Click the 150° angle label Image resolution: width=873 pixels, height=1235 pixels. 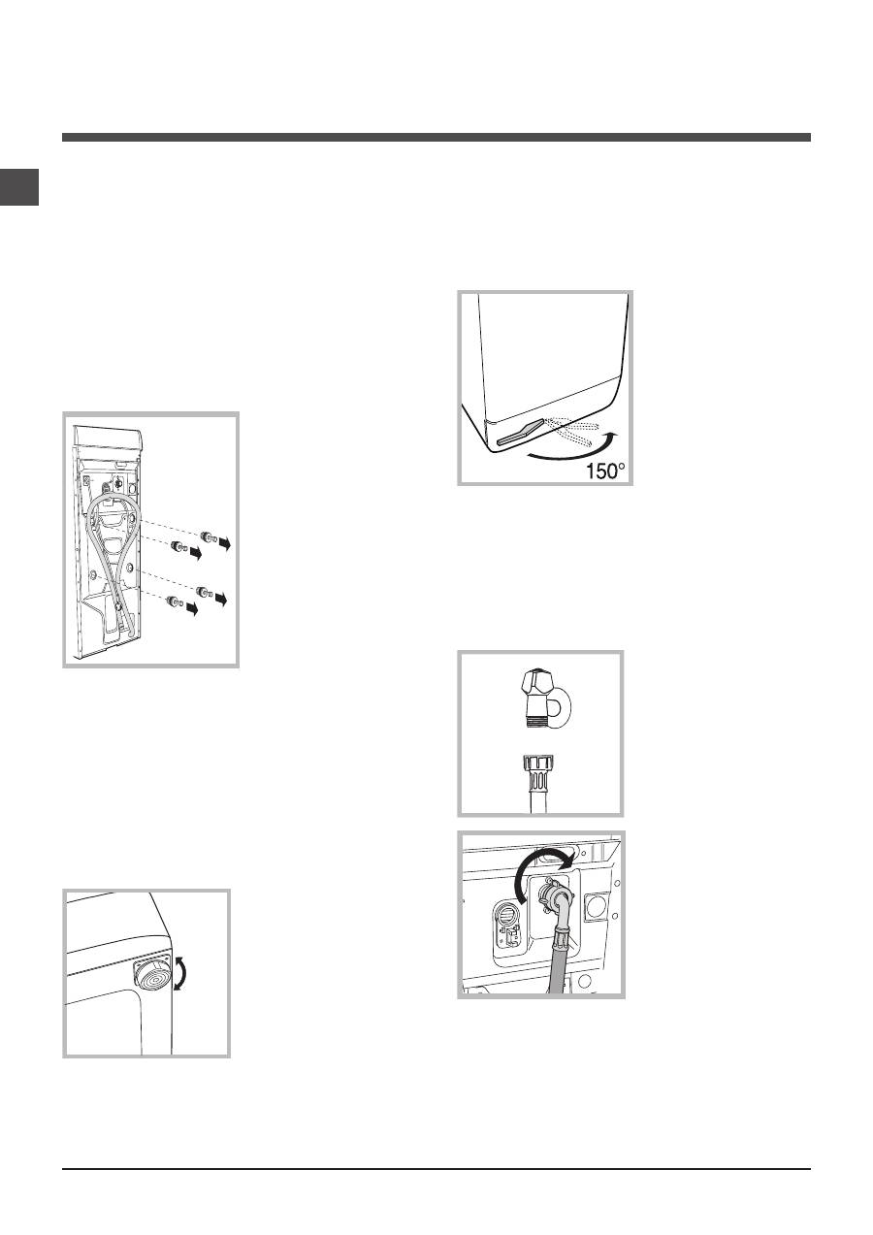(x=605, y=471)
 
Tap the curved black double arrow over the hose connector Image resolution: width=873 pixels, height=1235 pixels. (x=543, y=870)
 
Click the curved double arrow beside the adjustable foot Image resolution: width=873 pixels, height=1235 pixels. (x=180, y=974)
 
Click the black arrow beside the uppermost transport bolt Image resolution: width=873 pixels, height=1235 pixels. (x=224, y=543)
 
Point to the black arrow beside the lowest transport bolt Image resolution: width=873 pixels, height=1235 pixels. (x=192, y=609)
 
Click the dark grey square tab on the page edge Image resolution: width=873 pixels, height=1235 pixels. (x=19, y=187)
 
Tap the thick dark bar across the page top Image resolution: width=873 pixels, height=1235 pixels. (x=436, y=138)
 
